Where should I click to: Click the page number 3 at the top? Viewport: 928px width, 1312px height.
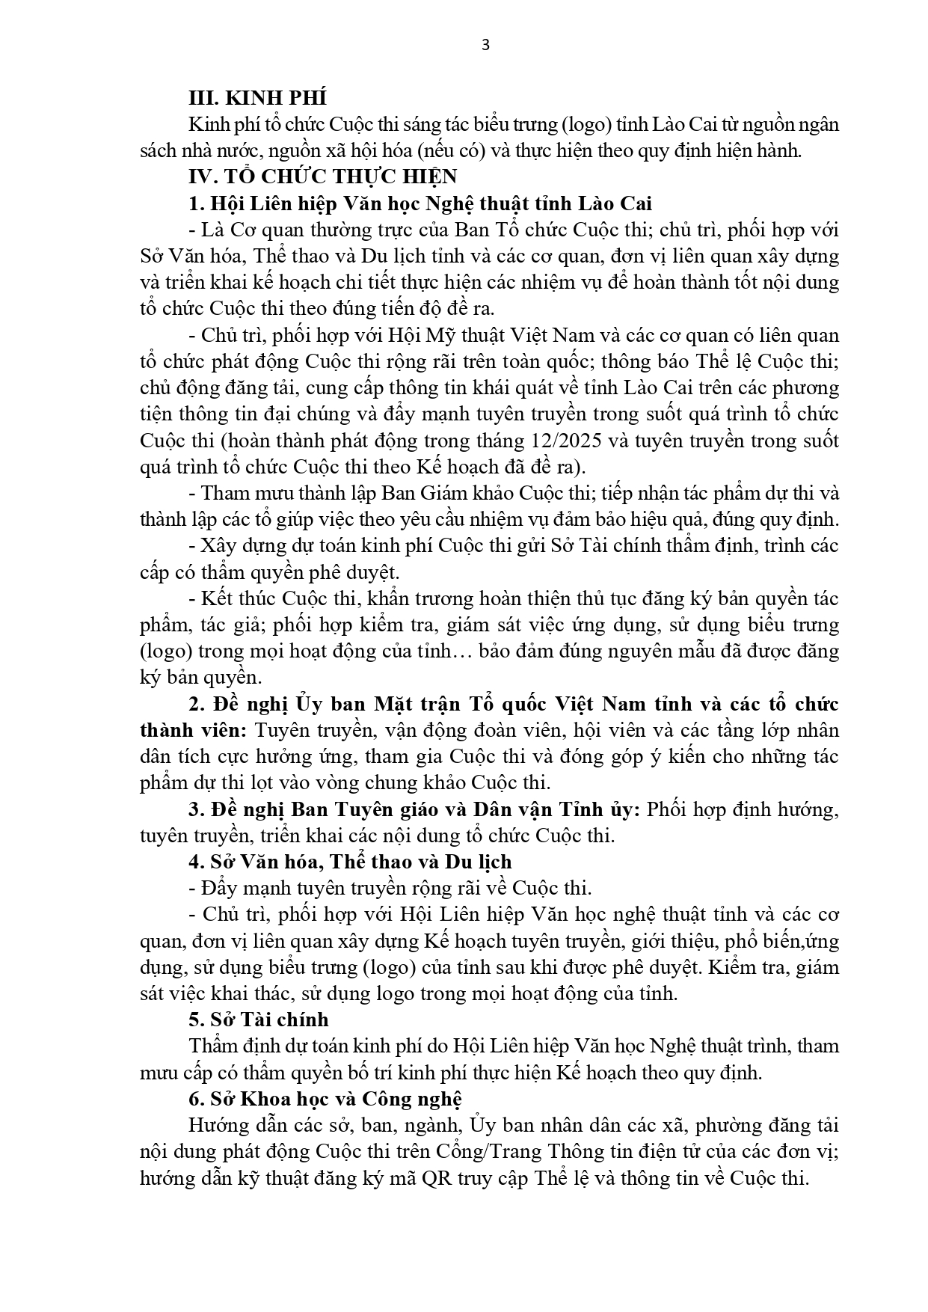[485, 45]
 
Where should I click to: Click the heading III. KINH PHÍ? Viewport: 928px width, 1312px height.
[257, 98]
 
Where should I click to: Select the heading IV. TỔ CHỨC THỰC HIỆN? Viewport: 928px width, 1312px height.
[322, 177]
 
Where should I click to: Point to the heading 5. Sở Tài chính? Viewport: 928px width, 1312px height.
[258, 1020]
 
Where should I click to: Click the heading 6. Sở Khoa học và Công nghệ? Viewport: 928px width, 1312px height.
[325, 1099]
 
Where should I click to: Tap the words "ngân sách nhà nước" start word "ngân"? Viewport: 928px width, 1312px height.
[817, 124]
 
